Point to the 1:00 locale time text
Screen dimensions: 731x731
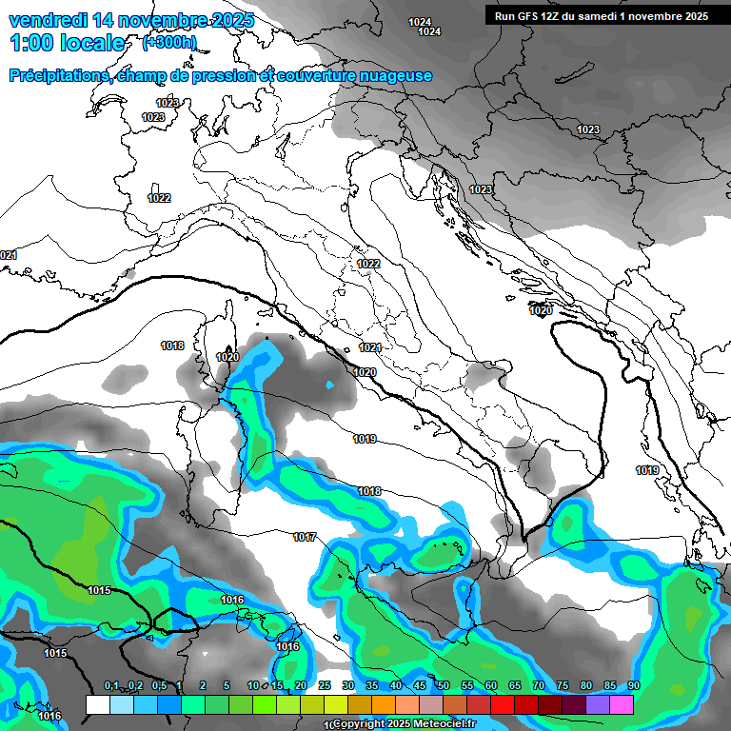(67, 43)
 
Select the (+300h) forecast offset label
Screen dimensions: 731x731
(168, 42)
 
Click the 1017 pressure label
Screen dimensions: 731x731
(305, 538)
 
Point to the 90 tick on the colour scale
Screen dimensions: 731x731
(634, 686)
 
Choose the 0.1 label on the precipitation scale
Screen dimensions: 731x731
(111, 686)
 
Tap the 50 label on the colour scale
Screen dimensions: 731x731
(444, 686)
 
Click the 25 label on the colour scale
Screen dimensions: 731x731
(325, 686)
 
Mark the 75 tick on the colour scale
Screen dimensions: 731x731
(563, 686)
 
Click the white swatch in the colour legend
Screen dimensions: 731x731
(97, 704)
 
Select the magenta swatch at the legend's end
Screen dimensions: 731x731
(622, 704)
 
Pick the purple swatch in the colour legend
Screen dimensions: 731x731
(598, 704)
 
